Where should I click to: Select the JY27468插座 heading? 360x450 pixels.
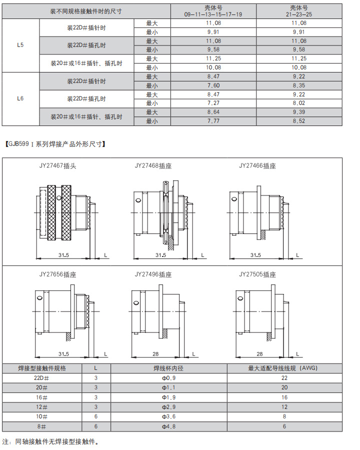click(153, 165)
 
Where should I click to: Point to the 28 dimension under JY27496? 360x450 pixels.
click(155, 353)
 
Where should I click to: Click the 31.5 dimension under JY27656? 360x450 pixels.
click(63, 353)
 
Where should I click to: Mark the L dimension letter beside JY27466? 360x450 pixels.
click(298, 255)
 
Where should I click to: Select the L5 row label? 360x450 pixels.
click(20, 45)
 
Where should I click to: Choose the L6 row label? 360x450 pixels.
click(20, 98)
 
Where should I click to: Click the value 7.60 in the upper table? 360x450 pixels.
click(213, 85)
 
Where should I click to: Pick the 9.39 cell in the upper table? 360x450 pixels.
click(299, 112)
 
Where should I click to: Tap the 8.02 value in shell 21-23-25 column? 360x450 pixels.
click(299, 103)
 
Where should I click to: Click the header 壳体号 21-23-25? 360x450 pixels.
click(299, 11)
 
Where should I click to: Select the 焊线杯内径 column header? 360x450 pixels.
click(168, 368)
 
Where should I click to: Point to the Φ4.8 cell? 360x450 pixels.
click(168, 426)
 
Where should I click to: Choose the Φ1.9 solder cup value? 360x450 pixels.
click(168, 397)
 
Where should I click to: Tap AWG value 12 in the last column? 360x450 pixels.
click(284, 407)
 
